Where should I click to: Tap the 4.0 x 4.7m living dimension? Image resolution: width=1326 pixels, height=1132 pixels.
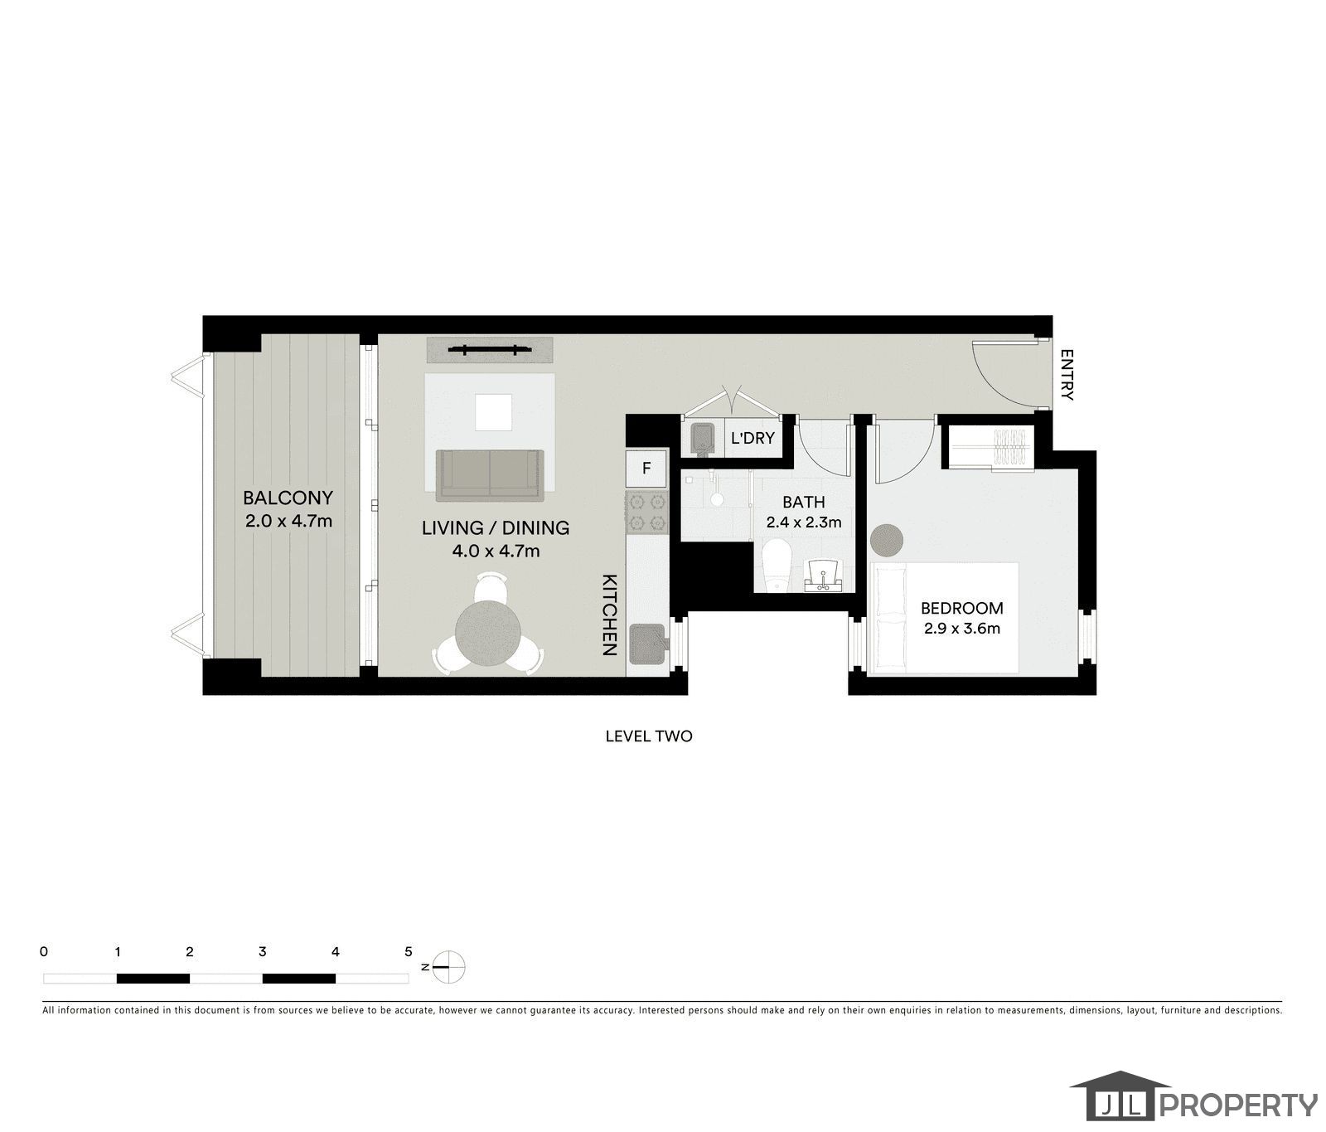coord(496,551)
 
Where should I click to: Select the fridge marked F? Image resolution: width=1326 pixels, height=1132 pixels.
coord(646,468)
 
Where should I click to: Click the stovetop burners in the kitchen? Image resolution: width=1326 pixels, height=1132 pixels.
coord(646,511)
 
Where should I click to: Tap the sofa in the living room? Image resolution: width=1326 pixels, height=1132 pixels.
coord(490,474)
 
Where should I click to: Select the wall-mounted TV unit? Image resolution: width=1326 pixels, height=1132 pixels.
coord(490,350)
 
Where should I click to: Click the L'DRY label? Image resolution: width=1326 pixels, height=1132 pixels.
coord(752,437)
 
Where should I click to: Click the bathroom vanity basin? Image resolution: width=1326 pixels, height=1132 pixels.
coord(824,574)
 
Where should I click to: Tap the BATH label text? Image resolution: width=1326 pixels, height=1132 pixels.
coord(803,502)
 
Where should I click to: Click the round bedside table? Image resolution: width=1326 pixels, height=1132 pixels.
coord(887,540)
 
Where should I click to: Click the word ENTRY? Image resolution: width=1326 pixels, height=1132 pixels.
coord(1067,375)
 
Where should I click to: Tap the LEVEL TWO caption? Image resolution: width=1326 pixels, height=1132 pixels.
coord(648,736)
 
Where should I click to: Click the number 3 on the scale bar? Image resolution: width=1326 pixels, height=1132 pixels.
coord(262,952)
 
